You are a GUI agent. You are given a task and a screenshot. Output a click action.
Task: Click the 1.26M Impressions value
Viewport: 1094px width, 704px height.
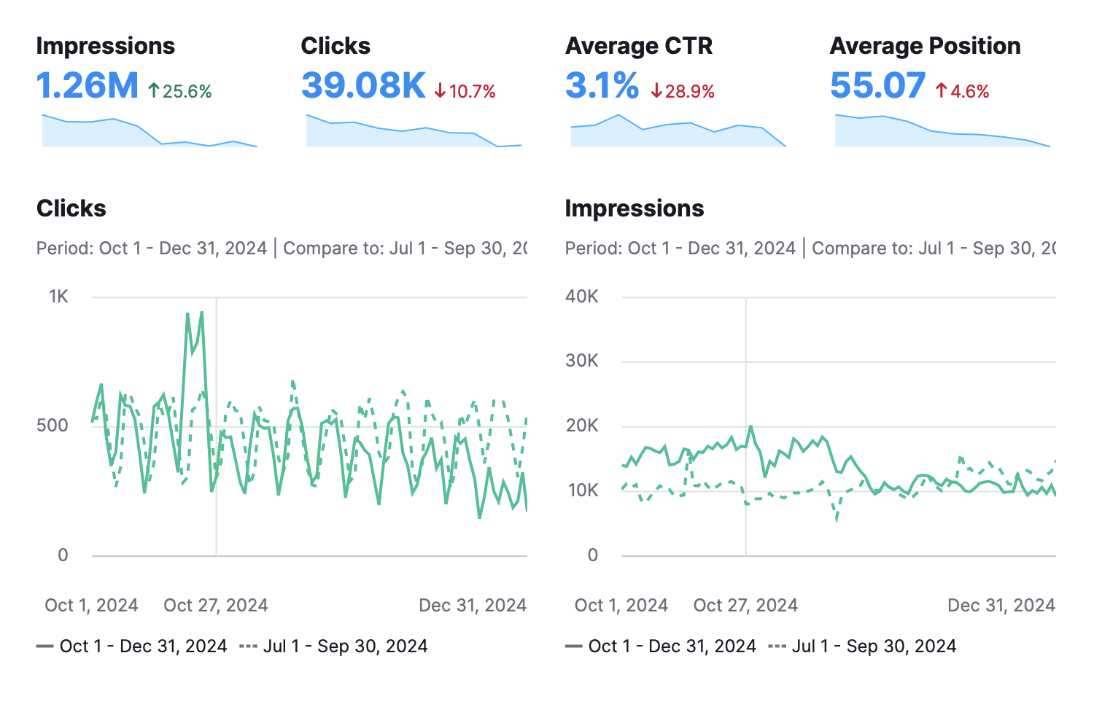coord(87,86)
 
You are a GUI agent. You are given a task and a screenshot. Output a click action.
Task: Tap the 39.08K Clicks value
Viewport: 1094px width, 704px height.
coord(362,86)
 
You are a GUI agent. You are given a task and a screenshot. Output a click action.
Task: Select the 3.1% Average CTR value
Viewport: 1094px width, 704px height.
coord(602,86)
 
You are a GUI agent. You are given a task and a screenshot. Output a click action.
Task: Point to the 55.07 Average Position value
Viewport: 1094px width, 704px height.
coord(877,86)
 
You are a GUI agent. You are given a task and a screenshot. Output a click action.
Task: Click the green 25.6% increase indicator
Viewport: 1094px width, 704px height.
coord(180,92)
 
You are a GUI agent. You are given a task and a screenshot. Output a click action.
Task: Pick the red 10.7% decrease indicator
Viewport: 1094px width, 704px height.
coord(465,92)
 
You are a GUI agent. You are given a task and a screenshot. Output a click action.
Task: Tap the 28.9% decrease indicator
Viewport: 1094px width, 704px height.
coord(683,92)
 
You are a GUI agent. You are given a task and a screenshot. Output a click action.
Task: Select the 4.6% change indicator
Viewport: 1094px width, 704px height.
coord(963,92)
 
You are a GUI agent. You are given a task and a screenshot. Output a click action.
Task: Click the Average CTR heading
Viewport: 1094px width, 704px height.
coord(639,46)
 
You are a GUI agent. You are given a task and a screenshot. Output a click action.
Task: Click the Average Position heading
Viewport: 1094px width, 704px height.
coord(925,46)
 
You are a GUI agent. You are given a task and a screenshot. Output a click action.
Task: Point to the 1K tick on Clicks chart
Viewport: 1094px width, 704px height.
coord(58,297)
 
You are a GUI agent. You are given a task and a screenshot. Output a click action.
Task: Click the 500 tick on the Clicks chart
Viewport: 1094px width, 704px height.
coord(53,426)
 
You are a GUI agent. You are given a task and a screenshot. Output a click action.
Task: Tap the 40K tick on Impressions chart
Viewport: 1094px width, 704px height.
coord(582,297)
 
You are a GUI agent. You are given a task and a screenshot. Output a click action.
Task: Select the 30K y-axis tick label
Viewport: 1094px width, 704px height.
coord(582,361)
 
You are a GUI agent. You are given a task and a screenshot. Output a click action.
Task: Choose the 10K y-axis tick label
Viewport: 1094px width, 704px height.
coord(582,490)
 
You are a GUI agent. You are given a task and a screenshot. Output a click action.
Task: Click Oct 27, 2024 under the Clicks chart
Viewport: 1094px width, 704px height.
coord(216,606)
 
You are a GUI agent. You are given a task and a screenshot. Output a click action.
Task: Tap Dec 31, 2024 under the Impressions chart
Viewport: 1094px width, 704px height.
coord(1001,606)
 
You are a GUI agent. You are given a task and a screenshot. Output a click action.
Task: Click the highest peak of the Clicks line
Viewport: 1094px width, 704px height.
coord(201,313)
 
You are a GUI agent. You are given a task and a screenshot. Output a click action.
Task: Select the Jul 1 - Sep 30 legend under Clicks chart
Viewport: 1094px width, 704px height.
coord(334,646)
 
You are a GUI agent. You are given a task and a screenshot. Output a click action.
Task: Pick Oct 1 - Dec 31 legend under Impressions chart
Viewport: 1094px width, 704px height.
coord(661,646)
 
